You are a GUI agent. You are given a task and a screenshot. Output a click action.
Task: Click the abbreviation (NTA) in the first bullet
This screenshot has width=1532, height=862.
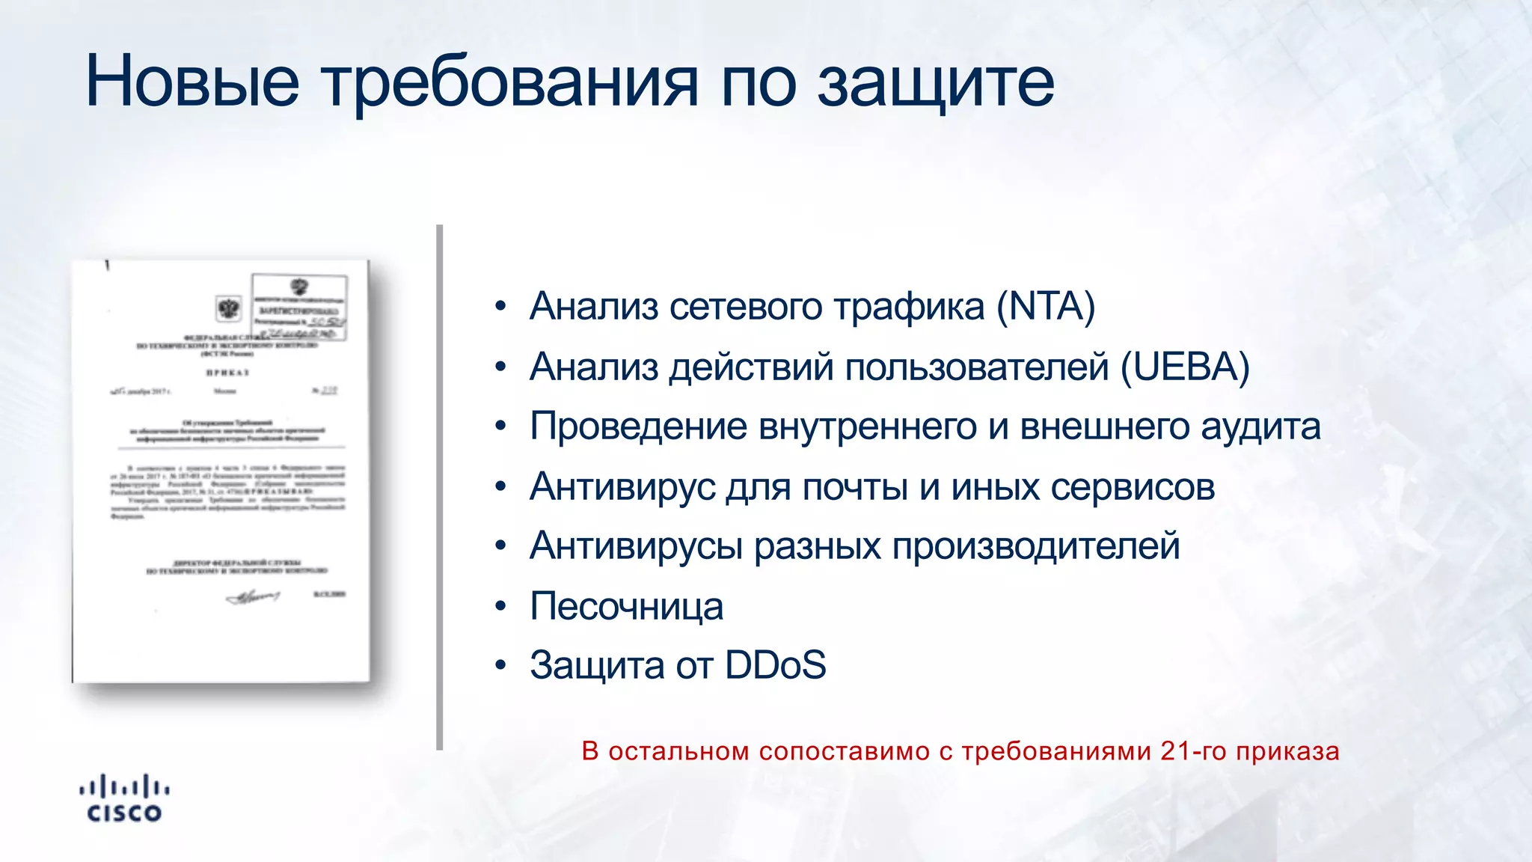[x=1045, y=306]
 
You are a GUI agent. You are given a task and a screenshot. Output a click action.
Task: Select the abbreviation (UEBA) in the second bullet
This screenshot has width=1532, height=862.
[x=1185, y=367]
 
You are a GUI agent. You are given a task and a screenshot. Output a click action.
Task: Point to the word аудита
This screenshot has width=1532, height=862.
[x=1260, y=427]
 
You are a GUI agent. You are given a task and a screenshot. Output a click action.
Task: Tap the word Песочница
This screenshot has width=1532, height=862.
[x=626, y=606]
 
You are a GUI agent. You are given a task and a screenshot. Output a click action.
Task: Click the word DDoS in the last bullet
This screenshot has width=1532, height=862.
[x=775, y=665]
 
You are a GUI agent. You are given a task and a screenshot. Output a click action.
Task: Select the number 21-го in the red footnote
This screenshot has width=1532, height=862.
[x=1193, y=751]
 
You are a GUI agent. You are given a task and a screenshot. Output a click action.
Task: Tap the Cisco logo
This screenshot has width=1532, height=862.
[x=124, y=799]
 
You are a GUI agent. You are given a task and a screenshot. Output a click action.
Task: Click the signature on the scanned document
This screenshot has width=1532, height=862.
[x=253, y=596]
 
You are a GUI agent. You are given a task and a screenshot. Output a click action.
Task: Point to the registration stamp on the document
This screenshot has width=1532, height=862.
[x=299, y=307]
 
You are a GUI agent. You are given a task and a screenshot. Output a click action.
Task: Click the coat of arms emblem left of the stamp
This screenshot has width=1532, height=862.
[x=228, y=308]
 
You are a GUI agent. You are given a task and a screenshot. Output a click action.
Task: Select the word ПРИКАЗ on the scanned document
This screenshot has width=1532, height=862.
[x=227, y=372]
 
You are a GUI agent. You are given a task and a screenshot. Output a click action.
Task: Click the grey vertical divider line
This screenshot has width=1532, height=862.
[x=440, y=486]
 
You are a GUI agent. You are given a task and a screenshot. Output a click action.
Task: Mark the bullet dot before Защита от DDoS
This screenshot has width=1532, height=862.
[x=500, y=665]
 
